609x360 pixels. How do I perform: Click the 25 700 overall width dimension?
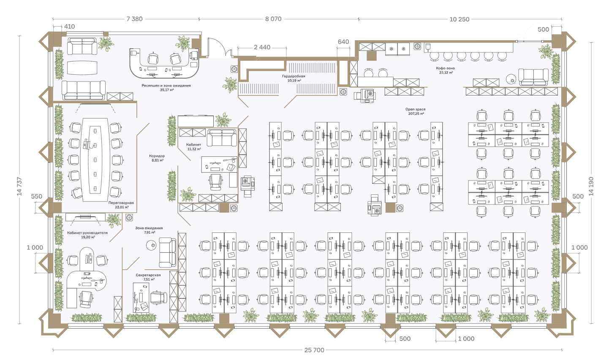click(x=314, y=350)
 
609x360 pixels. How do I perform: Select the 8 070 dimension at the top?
click(x=273, y=19)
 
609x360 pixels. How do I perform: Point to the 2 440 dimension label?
click(x=262, y=47)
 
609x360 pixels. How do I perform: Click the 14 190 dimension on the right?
click(x=591, y=186)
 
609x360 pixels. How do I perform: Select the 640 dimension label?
click(x=343, y=42)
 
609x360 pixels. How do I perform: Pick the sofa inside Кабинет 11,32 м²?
click(x=221, y=137)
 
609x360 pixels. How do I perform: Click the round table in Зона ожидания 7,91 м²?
click(x=151, y=245)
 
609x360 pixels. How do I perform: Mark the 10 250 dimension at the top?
click(x=459, y=19)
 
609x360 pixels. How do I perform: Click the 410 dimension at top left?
click(x=69, y=27)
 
